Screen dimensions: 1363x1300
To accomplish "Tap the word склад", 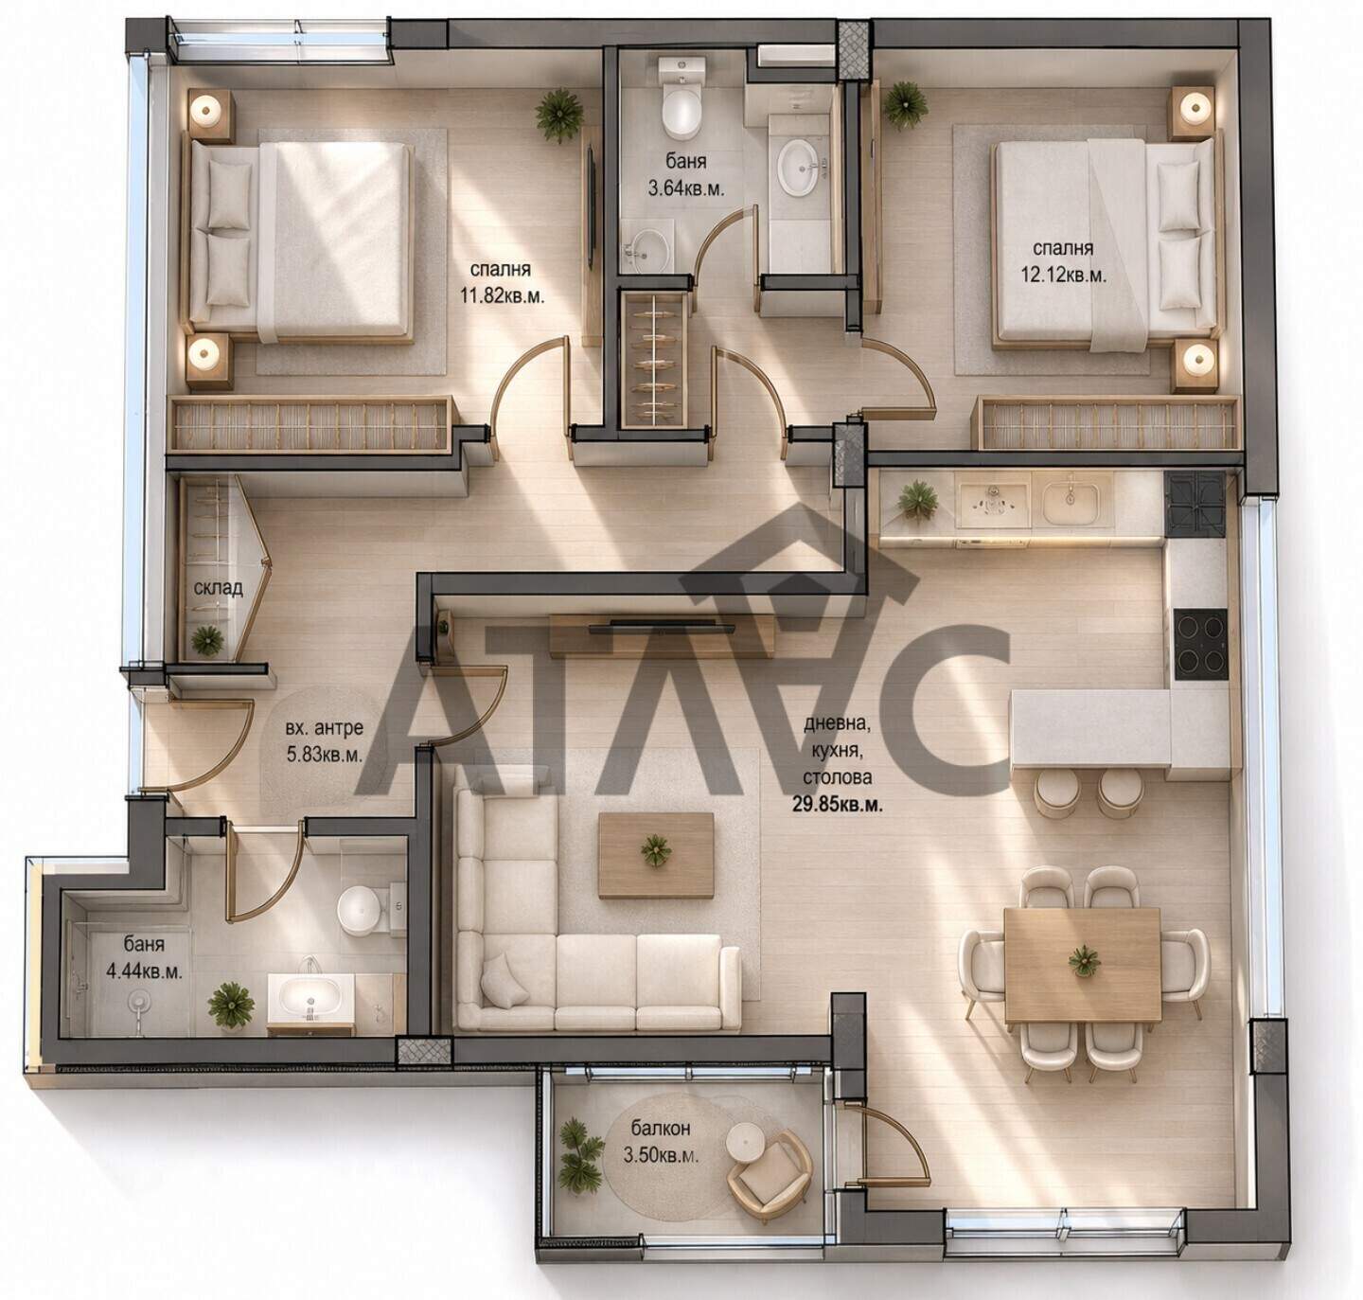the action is click(218, 588).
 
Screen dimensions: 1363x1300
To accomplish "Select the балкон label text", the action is click(660, 1129).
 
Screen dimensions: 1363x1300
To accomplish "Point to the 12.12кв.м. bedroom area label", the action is click(1063, 276).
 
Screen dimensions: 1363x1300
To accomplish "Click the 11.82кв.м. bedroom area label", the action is click(502, 296).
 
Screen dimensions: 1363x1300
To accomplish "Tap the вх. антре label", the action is click(324, 728).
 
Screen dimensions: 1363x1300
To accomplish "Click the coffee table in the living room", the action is click(656, 855).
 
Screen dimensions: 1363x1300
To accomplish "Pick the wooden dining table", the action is click(1082, 964).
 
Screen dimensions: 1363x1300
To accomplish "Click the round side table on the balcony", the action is click(745, 1142).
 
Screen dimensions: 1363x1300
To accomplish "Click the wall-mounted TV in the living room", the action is click(662, 628).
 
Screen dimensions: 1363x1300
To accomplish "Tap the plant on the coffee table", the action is click(655, 850).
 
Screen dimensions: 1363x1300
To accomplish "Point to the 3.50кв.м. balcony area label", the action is click(660, 1156).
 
